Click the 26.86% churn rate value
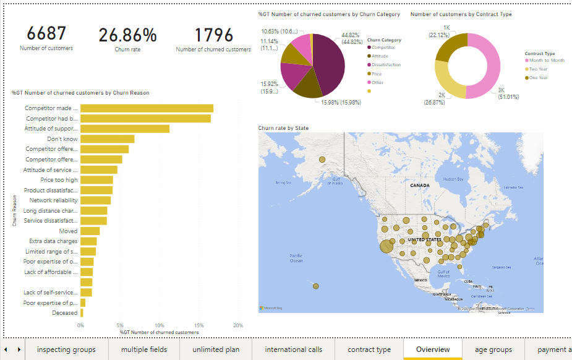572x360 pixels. click(x=127, y=35)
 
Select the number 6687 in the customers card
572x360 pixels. click(x=46, y=34)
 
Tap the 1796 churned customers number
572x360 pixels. click(x=213, y=35)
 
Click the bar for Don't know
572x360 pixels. click(x=107, y=139)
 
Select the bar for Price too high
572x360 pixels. click(x=96, y=180)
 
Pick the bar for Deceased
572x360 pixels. click(x=82, y=313)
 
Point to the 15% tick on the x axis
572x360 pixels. click(x=198, y=325)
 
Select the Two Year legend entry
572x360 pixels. click(x=538, y=69)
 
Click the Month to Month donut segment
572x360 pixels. click(x=485, y=65)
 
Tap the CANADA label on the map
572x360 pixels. click(x=419, y=185)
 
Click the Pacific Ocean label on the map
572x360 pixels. click(x=296, y=258)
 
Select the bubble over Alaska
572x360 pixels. click(x=322, y=160)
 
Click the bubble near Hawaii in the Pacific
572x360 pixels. click(x=316, y=286)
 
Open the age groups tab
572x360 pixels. click(x=493, y=349)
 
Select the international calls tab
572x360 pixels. click(x=293, y=349)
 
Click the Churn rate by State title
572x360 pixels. click(x=283, y=128)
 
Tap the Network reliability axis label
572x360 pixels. click(x=54, y=200)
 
